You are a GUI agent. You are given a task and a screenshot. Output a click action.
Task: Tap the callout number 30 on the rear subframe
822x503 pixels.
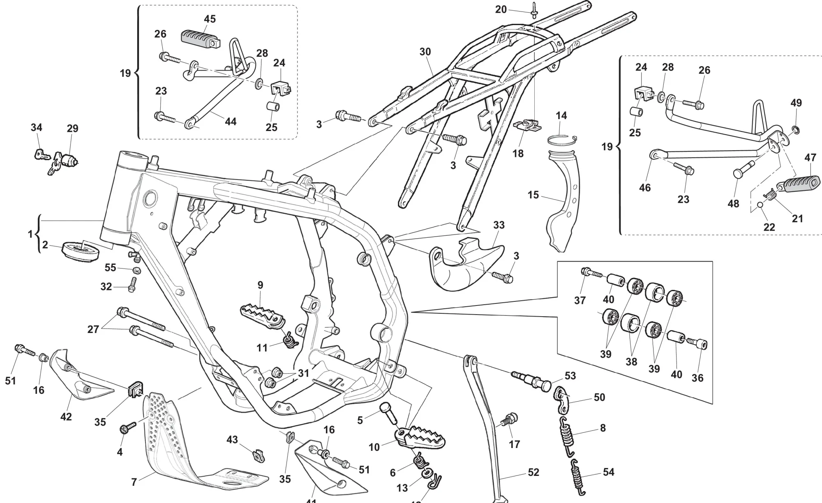425,52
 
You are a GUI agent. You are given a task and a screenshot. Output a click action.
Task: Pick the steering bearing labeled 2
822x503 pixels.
81,250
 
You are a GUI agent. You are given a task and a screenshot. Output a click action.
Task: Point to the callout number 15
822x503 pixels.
533,195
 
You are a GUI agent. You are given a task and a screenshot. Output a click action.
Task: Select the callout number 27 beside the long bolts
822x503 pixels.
93,329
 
